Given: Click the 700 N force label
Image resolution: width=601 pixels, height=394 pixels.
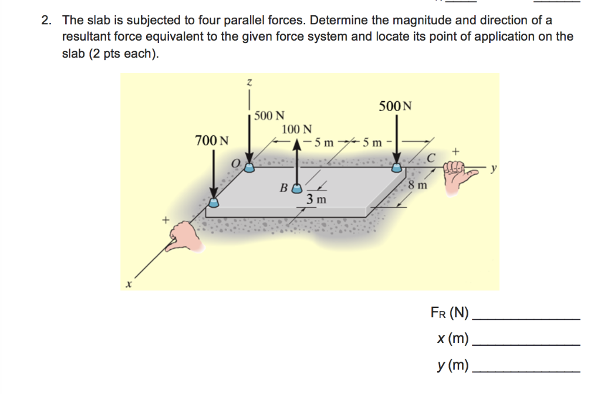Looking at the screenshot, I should pos(212,141).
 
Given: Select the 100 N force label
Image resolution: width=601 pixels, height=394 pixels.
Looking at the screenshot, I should pos(297,129).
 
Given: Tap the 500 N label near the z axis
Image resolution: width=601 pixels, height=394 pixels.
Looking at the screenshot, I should pos(270,115).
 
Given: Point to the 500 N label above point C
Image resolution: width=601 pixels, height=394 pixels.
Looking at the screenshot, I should pos(395,106).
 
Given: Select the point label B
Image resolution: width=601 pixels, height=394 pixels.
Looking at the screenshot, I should pos(283,189).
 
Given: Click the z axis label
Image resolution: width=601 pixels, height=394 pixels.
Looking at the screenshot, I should pos(250,83).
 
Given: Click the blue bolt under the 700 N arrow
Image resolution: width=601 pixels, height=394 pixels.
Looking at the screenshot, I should pos(214,203).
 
